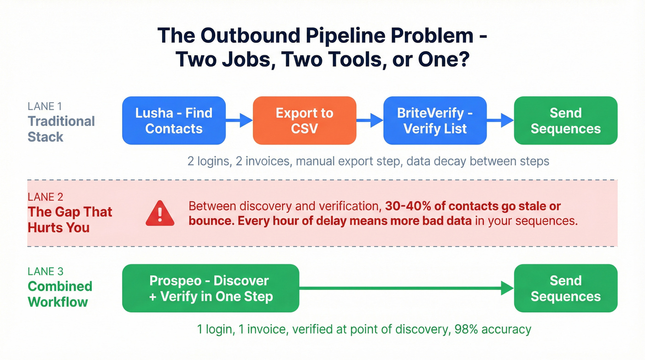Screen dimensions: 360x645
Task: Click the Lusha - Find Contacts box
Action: click(174, 120)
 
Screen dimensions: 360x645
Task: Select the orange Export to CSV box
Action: click(305, 120)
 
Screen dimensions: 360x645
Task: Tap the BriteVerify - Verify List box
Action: click(435, 120)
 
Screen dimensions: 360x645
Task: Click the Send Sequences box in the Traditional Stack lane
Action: click(565, 120)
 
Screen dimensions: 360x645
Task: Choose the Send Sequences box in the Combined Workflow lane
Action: click(565, 288)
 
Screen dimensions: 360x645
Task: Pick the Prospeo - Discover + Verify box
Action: click(211, 288)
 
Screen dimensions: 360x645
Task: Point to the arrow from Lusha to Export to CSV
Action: click(240, 120)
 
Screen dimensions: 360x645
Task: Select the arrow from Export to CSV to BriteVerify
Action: click(370, 120)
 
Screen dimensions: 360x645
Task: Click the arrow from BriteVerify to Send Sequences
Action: click(500, 120)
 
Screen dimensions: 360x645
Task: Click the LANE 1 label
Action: click(45, 106)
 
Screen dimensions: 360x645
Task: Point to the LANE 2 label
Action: click(45, 197)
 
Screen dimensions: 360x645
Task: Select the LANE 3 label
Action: click(45, 271)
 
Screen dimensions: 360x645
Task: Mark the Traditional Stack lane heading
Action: click(61, 129)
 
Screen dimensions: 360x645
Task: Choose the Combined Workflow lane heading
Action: click(60, 294)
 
